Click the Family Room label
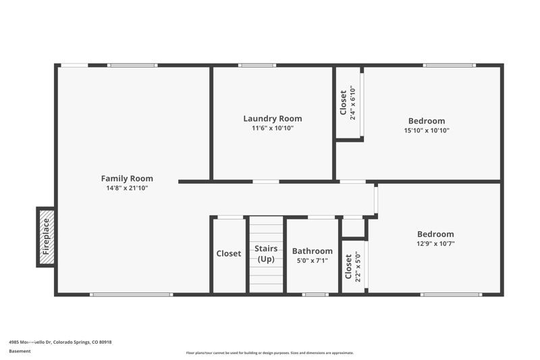(x=127, y=178)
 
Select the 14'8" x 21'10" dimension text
(x=127, y=188)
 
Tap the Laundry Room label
(x=273, y=118)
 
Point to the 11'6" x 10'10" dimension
(x=273, y=128)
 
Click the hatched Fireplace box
(x=46, y=236)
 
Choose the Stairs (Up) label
(x=266, y=254)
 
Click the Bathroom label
(x=312, y=251)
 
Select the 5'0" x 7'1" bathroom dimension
(x=312, y=260)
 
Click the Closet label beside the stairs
(x=229, y=254)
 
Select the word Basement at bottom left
(x=20, y=351)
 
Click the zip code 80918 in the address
(x=105, y=342)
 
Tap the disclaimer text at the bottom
(x=270, y=353)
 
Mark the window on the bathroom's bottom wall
(x=315, y=294)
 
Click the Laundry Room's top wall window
(x=257, y=66)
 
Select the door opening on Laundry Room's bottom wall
(x=266, y=181)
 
